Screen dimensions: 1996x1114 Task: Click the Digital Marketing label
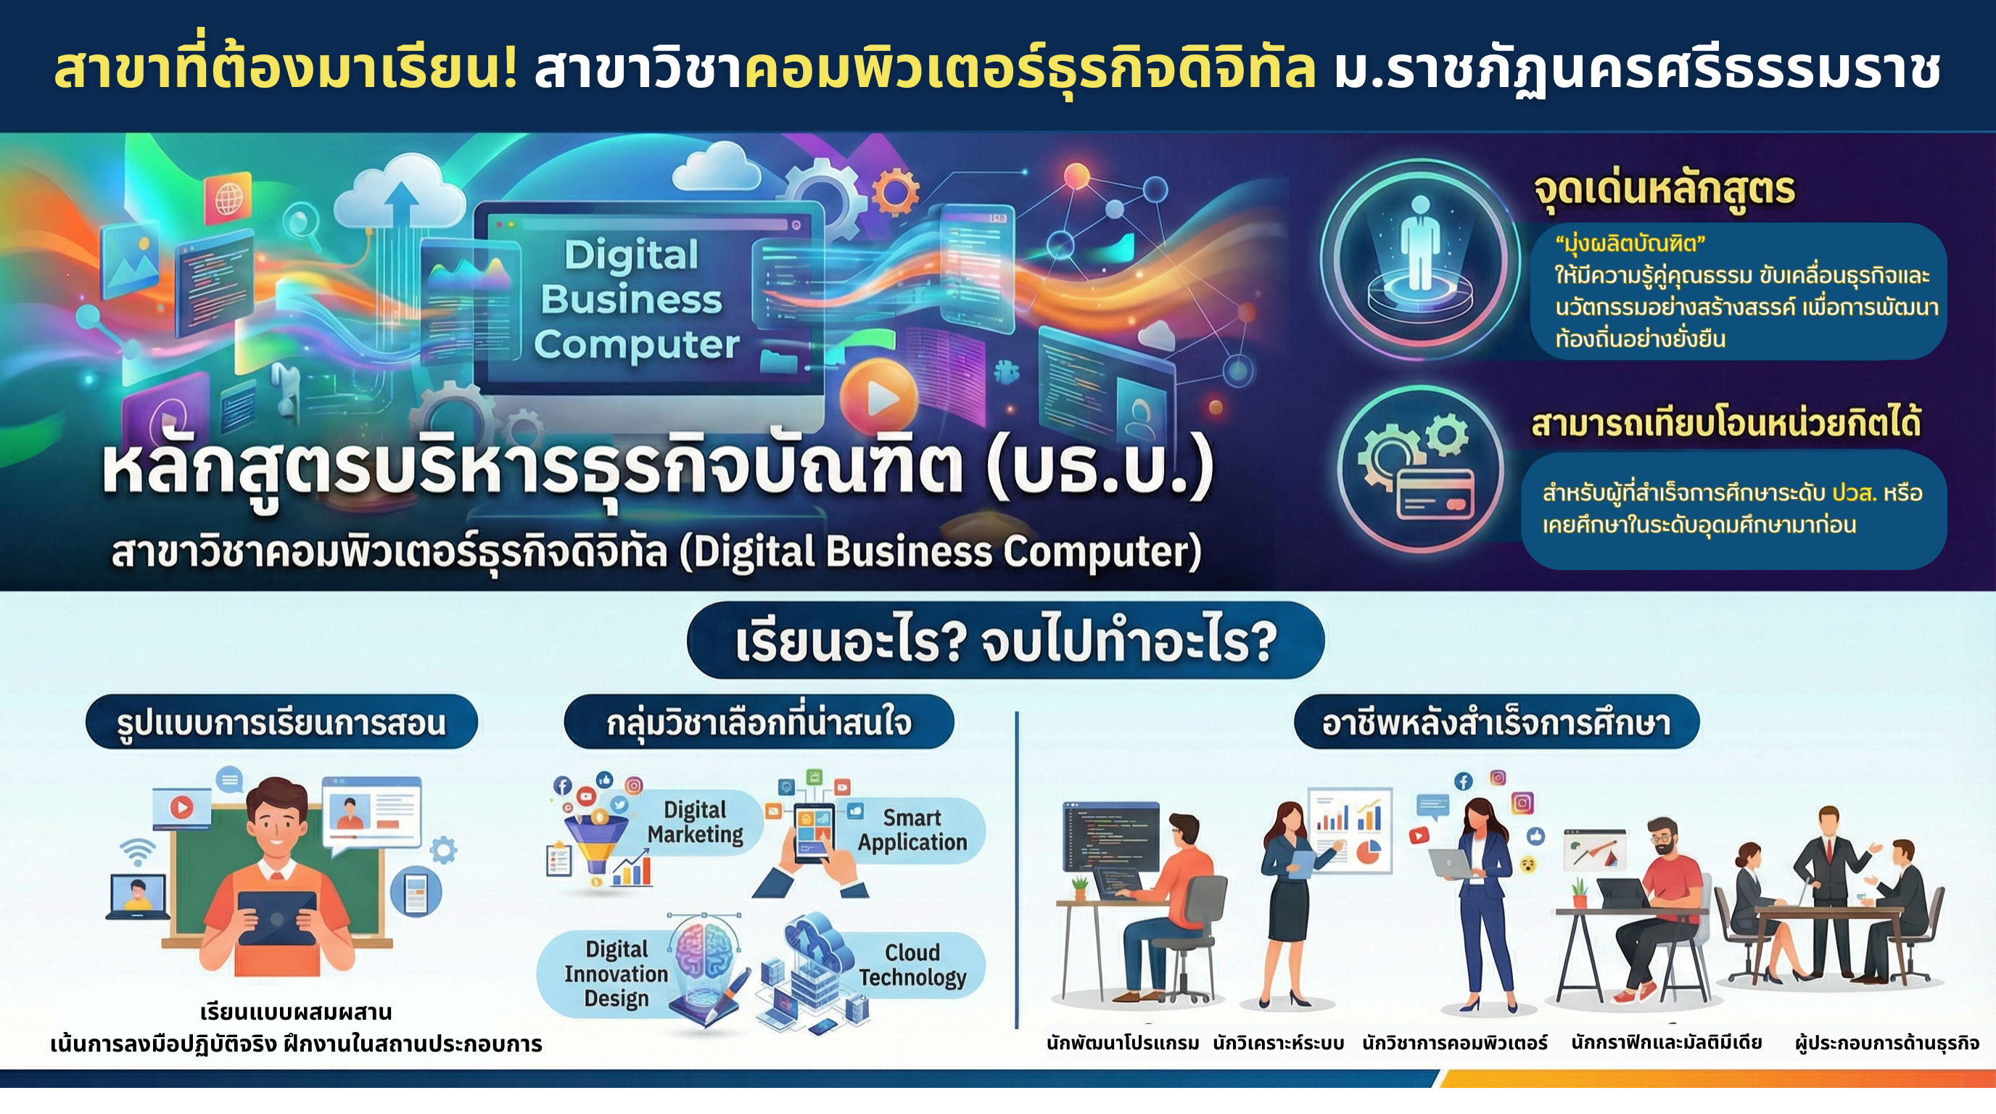(x=695, y=822)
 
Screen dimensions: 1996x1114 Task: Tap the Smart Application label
(x=912, y=830)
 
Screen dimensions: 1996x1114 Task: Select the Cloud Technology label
(x=912, y=965)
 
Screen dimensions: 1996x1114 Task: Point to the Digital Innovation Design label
(x=616, y=974)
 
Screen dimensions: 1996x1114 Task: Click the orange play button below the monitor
(x=878, y=398)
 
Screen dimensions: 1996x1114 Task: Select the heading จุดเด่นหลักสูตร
(x=1665, y=191)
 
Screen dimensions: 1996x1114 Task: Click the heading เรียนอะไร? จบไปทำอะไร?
(x=1005, y=641)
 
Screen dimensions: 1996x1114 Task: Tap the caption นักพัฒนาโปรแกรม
(x=1123, y=1043)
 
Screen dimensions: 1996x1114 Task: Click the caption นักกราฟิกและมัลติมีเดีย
(x=1666, y=1043)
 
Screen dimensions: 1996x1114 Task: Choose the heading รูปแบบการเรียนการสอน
(x=281, y=723)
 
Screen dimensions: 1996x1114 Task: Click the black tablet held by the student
(x=277, y=917)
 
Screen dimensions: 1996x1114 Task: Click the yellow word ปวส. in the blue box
(x=1854, y=492)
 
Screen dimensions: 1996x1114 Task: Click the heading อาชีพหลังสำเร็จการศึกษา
(x=1496, y=723)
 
